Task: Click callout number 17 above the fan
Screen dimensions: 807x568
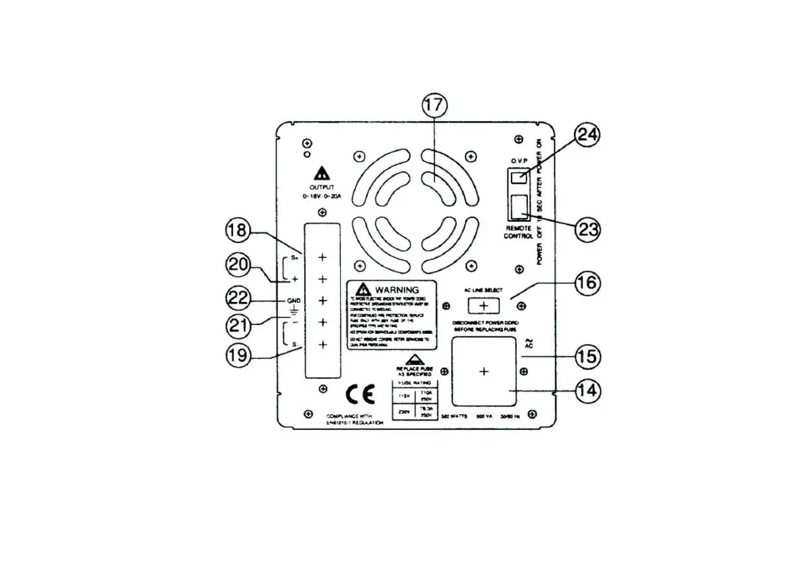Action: [x=434, y=106]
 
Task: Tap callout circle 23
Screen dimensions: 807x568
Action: [x=587, y=229]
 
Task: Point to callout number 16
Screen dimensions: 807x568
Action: [x=587, y=282]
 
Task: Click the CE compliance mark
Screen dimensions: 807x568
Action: [x=357, y=393]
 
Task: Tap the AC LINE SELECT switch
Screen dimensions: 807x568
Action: [x=482, y=307]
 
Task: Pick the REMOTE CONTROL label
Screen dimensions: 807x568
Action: [x=520, y=234]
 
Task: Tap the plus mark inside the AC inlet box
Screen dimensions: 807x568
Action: [x=483, y=371]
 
